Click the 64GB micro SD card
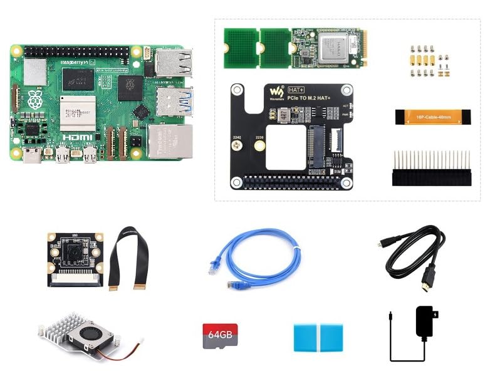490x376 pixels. [219, 337]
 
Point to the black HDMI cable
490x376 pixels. [414, 253]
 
